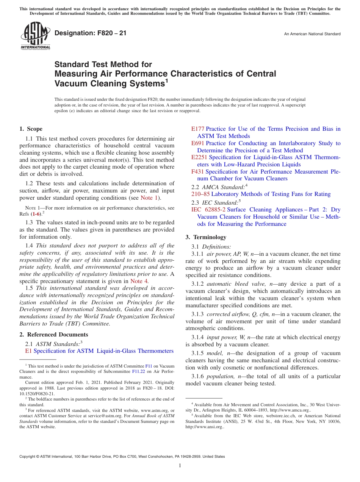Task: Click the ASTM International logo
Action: pyautogui.click(x=35, y=36)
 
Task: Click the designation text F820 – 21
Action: pyautogui.click(x=91, y=33)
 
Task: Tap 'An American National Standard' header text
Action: pyautogui.click(x=312, y=34)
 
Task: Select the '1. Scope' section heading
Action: pyautogui.click(x=31, y=129)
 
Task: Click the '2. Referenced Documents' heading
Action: pyautogui.click(x=54, y=335)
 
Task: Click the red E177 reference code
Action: pyautogui.click(x=198, y=129)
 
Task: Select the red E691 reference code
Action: pyautogui.click(x=198, y=143)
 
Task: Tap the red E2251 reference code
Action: pyautogui.click(x=199, y=157)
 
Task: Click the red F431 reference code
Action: pyautogui.click(x=198, y=172)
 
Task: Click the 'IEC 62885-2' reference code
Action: pyautogui.click(x=208, y=210)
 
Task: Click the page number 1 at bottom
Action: pyautogui.click(x=180, y=466)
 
